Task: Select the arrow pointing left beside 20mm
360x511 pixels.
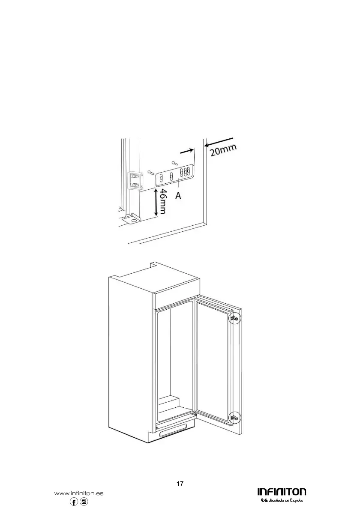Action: [220, 142]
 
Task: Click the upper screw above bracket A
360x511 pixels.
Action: [174, 163]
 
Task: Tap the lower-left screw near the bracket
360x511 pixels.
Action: [150, 172]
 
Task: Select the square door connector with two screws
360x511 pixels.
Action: [135, 180]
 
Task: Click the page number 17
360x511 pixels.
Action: [180, 484]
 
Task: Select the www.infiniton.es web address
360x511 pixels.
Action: [79, 493]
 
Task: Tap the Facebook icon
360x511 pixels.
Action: [74, 502]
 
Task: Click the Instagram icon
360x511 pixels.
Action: [84, 502]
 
